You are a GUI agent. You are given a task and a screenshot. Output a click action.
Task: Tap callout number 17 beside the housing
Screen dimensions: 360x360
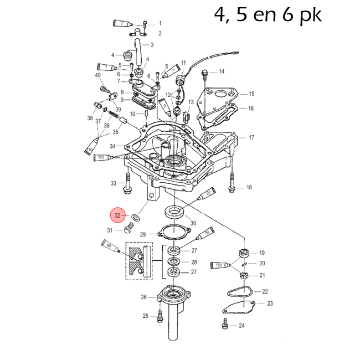(251, 137)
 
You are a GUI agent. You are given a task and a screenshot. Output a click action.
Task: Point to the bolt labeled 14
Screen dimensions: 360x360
(205, 72)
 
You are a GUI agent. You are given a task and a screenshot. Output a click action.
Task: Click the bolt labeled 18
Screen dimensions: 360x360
(232, 188)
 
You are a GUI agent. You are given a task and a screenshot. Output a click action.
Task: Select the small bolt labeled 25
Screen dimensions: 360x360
(160, 316)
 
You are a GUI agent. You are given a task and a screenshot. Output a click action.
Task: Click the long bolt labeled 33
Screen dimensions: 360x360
(128, 183)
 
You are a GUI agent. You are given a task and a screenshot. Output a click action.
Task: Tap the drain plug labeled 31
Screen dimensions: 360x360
(130, 229)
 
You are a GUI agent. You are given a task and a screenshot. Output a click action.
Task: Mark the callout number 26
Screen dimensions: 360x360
(143, 297)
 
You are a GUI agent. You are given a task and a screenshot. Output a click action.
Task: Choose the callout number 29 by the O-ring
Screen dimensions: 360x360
(143, 235)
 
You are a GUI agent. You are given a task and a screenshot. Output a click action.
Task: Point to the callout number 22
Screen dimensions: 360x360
(265, 291)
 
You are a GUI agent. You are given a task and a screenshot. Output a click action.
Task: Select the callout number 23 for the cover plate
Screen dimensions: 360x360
(270, 304)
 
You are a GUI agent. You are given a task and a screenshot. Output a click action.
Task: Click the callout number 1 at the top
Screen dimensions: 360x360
(160, 24)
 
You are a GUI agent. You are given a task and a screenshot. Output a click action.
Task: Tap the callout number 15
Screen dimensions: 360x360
(251, 94)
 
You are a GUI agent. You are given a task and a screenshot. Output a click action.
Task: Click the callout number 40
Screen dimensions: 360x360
(97, 75)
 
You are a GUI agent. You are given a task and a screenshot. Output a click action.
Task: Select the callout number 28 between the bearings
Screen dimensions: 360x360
(194, 262)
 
